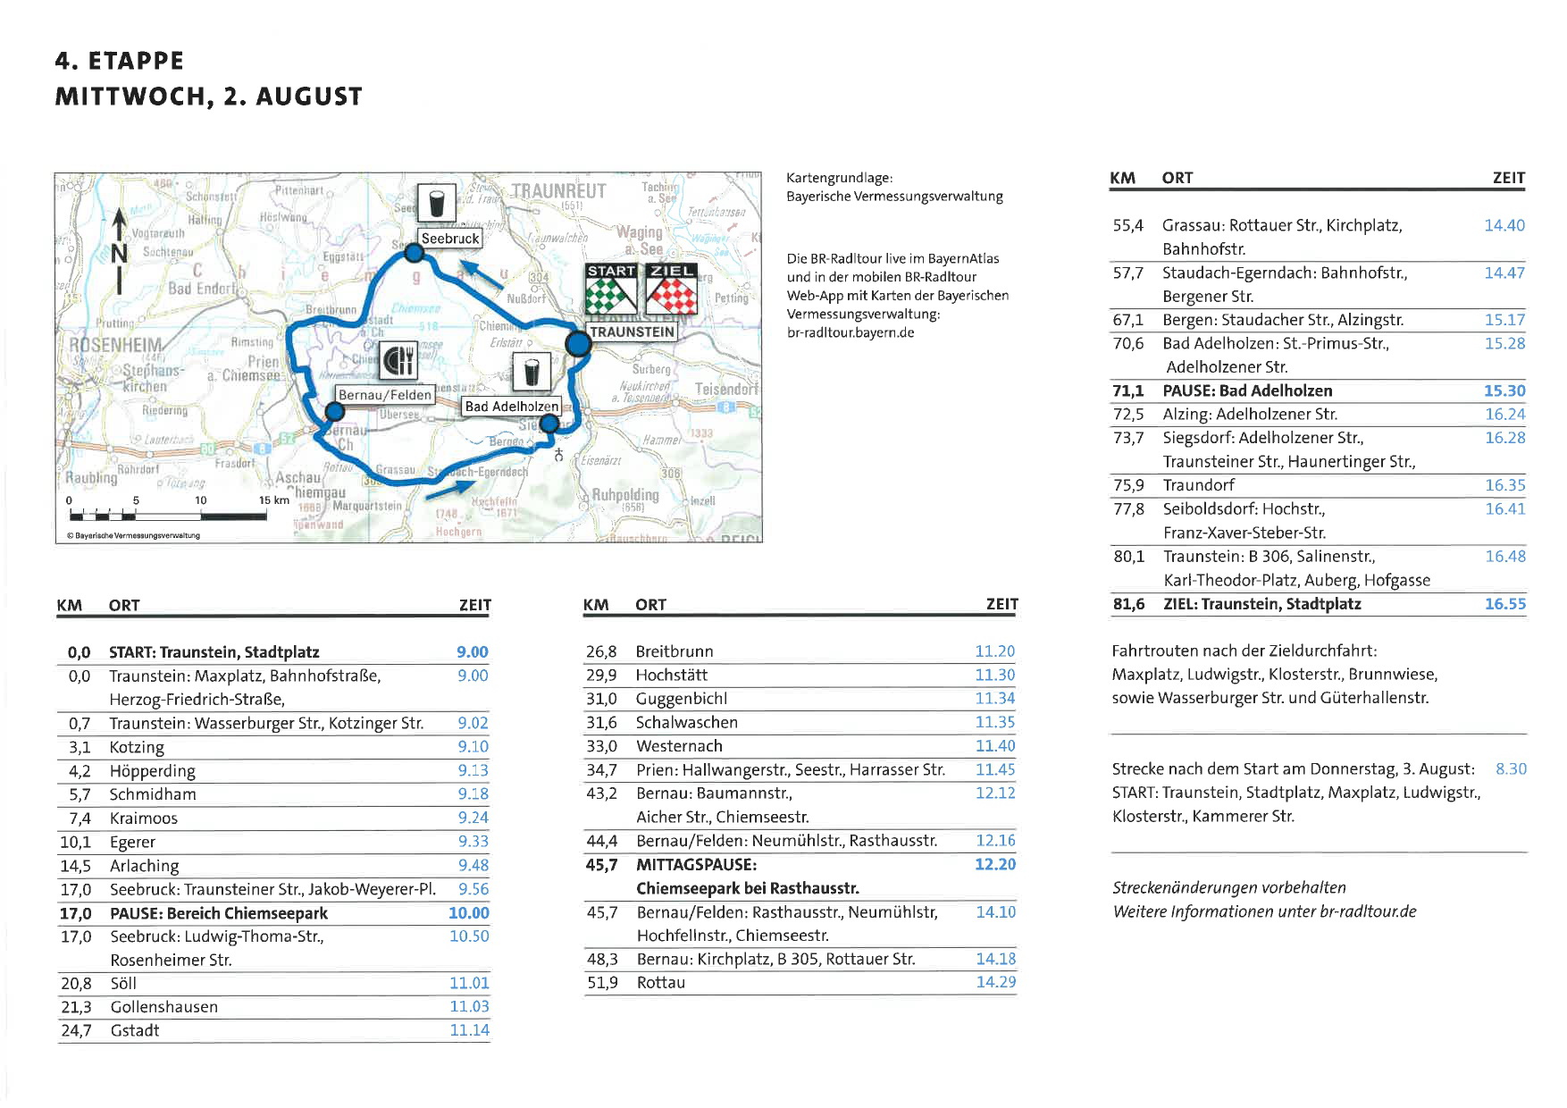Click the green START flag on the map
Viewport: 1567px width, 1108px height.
611,287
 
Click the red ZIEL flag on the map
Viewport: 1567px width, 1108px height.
672,287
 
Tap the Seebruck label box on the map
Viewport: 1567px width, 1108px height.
450,239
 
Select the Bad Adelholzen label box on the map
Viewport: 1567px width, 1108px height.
511,407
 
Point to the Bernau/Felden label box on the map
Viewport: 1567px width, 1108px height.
384,395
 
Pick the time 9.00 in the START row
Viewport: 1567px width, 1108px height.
473,652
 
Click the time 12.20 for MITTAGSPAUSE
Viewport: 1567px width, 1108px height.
995,864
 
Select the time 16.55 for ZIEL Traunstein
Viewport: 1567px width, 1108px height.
1505,604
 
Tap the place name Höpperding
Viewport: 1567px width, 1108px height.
152,771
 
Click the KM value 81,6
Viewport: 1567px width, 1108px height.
1128,604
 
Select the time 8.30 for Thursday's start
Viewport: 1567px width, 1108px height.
1511,768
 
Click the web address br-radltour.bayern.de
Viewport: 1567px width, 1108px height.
850,332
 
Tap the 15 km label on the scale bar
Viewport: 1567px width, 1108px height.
274,499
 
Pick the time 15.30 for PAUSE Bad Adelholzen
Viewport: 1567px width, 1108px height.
1504,390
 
